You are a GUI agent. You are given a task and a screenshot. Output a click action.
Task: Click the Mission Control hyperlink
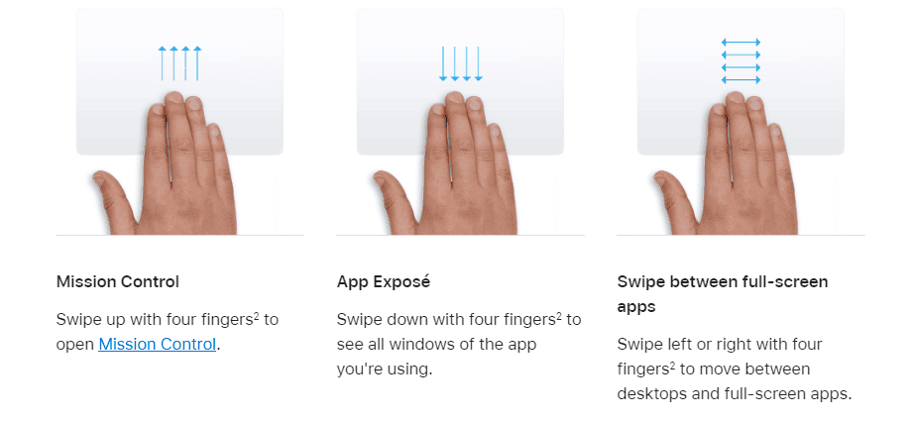158,344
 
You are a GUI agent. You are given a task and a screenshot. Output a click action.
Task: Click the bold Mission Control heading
118,281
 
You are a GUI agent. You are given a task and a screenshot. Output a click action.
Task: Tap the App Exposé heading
383,281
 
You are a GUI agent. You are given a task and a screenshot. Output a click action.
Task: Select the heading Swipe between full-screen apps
723,294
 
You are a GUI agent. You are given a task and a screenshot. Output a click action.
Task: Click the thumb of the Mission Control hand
114,195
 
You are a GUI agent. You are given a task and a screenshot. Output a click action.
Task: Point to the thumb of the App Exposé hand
395,195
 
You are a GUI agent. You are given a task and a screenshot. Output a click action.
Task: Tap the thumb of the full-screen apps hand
675,195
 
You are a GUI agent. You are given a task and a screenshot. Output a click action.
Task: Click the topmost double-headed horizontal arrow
741,42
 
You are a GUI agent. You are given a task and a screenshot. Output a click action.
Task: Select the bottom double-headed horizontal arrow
741,79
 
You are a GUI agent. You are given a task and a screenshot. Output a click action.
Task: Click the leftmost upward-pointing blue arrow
162,62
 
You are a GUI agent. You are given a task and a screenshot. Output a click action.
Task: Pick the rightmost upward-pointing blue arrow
197,62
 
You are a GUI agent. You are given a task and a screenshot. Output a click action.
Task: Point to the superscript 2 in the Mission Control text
256,315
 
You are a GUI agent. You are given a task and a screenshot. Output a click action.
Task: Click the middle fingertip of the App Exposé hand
455,97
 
